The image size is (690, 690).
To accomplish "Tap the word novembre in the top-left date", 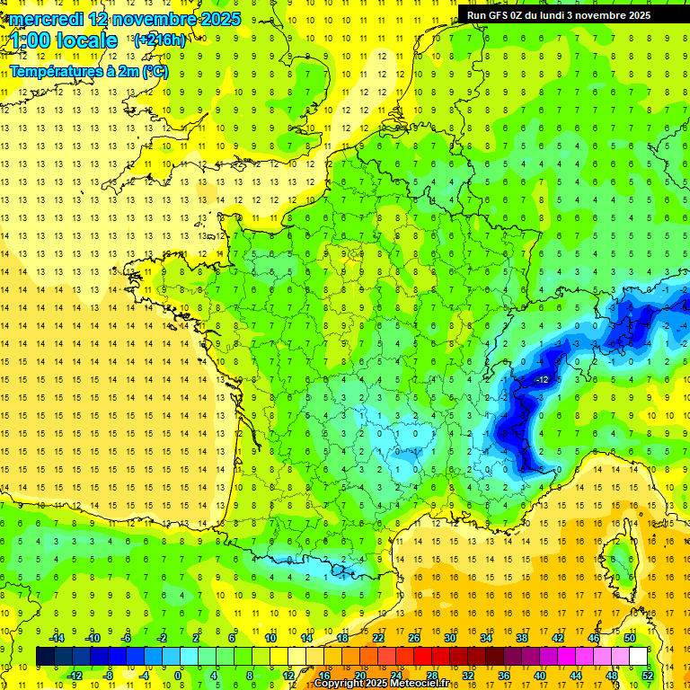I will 157,19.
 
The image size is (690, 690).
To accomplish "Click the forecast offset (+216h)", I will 159,40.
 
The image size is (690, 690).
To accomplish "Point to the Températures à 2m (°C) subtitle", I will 88,71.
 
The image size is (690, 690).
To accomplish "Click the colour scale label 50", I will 630,637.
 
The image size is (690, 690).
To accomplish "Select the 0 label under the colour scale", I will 178,676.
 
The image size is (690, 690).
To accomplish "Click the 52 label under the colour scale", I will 648,676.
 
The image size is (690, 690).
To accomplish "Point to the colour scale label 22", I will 378,637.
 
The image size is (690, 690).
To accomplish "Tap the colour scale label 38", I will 522,637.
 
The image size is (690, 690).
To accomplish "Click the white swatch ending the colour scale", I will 638,656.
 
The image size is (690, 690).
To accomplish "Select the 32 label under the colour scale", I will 468,676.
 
